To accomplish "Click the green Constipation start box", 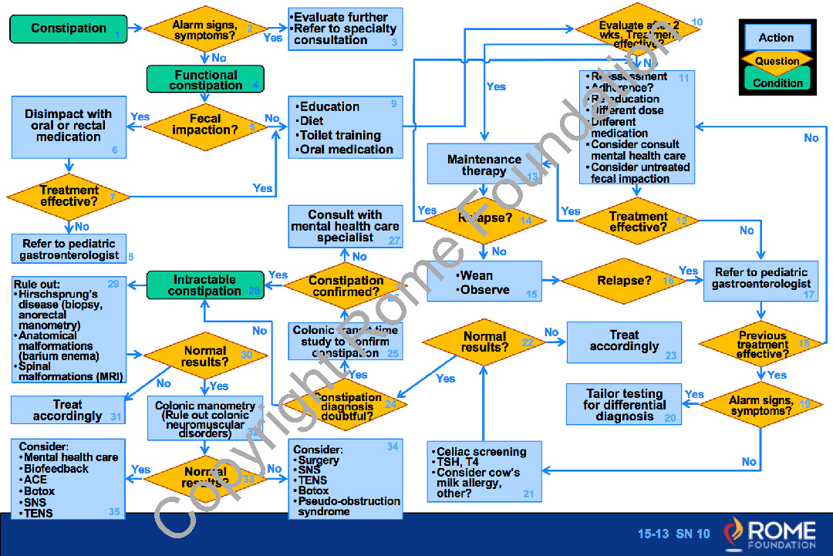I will point(69,29).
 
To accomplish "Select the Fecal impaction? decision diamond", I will point(205,124).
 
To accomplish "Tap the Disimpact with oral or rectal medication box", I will point(69,125).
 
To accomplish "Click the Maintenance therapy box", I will point(484,165).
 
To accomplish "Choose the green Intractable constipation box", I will point(205,285).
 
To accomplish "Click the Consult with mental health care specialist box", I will point(346,226).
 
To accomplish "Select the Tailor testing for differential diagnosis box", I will point(624,404).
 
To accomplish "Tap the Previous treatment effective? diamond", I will point(762,345).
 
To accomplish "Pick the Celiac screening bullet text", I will point(481,452).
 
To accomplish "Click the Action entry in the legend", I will point(776,37).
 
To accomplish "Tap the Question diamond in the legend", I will point(777,61).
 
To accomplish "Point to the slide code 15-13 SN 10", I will point(673,534).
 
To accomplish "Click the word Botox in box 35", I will point(39,490).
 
